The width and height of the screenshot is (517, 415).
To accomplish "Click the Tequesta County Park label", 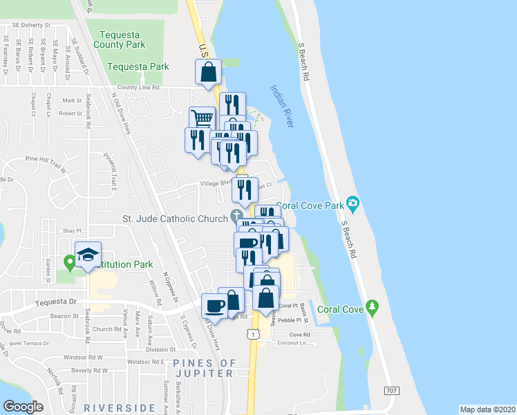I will [x=122, y=39].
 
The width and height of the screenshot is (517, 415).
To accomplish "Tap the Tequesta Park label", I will [x=139, y=67].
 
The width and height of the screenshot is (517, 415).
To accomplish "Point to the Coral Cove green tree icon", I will [x=373, y=306].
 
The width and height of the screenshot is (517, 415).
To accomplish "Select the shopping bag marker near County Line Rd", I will [x=209, y=72].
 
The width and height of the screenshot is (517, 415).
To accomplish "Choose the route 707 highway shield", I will [x=392, y=391].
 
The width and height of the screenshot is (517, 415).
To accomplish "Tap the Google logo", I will [x=23, y=407].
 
